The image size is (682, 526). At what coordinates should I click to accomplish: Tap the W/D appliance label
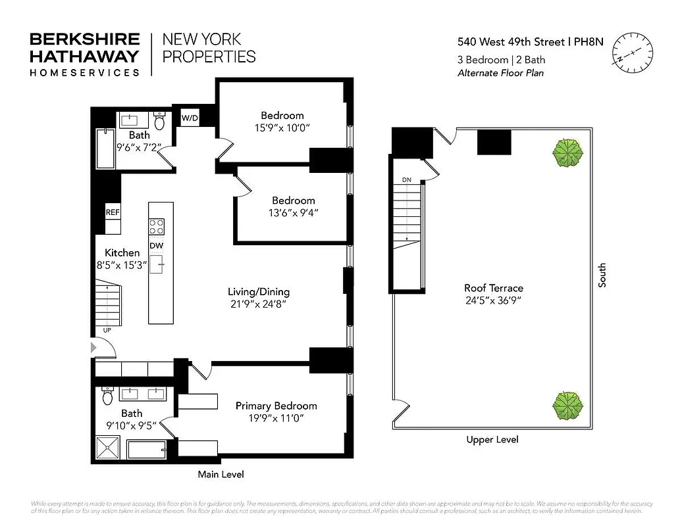point(190,118)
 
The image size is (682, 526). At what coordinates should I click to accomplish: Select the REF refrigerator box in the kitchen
point(113,212)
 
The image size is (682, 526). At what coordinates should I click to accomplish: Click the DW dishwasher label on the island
point(156,246)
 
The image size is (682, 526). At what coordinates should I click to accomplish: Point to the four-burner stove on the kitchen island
point(156,226)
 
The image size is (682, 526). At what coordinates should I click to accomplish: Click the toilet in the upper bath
point(159,121)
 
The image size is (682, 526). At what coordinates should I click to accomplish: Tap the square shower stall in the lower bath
point(109,450)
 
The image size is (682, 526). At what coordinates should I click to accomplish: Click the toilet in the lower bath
point(108,396)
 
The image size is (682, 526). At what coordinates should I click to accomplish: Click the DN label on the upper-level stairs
point(406,179)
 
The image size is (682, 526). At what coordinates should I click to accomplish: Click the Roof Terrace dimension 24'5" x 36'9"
point(493,301)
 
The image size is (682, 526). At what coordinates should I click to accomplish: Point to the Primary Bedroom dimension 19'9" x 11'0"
point(276,418)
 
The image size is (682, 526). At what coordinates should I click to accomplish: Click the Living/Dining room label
point(258,292)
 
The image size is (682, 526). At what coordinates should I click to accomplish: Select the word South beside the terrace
point(602,275)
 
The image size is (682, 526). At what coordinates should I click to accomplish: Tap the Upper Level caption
point(492,439)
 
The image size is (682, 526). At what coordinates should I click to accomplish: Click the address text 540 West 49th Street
point(511,42)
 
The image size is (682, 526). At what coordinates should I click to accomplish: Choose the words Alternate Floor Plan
point(500,73)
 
